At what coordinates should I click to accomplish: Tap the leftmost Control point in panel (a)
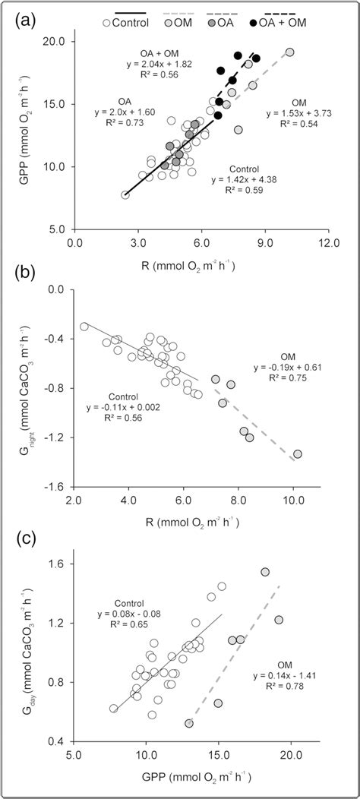[125, 195]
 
